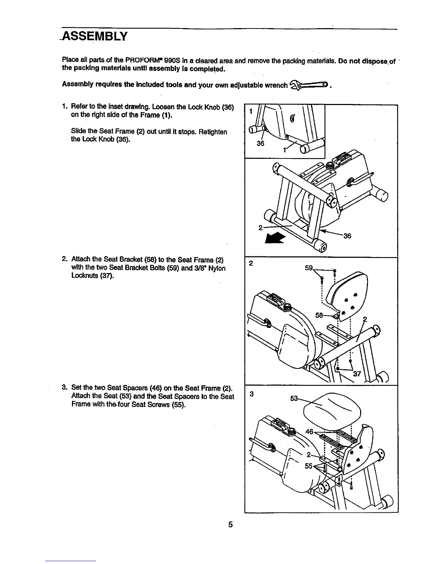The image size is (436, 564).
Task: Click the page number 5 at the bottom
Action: tap(231, 524)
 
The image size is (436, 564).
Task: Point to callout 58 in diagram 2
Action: tap(320, 315)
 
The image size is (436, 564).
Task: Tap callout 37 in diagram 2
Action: tap(357, 374)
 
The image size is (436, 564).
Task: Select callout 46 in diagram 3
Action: tap(310, 432)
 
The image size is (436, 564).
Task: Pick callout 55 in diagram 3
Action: tap(308, 466)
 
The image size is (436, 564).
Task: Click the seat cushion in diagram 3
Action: tap(331, 409)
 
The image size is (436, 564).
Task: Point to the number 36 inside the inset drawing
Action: tap(260, 144)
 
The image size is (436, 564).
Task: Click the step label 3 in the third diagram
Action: tap(251, 394)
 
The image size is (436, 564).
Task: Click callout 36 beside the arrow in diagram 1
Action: tap(347, 236)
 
